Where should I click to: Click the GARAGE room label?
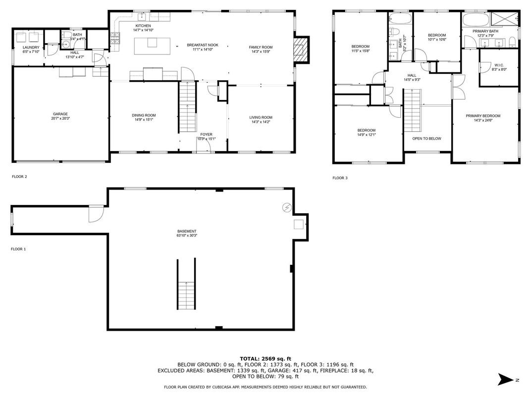pos(60,114)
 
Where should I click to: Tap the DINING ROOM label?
pos(144,115)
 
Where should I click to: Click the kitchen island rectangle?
pos(152,46)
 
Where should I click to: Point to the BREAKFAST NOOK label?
pos(203,45)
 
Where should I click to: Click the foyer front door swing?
pos(204,146)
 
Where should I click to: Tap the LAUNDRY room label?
pos(31,48)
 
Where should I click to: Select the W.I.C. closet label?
pos(499,65)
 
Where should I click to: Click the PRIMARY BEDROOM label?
pos(483,116)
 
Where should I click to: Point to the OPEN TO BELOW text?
pos(426,139)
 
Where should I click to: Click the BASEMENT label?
pos(187,232)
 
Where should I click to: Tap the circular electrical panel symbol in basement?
pos(287,207)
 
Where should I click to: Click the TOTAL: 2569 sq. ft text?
pos(265,359)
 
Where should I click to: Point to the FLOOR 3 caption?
pos(340,178)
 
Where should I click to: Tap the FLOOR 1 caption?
pos(18,249)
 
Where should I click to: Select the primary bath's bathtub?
pos(476,20)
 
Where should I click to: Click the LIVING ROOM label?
pos(261,118)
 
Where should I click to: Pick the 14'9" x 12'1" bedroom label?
pos(367,135)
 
